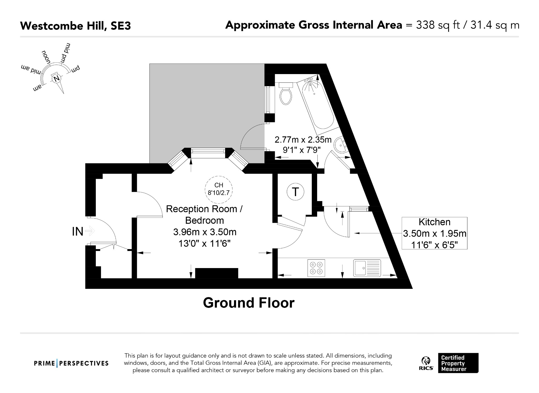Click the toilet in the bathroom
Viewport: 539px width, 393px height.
click(286, 93)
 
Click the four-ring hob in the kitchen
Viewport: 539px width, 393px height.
click(316, 268)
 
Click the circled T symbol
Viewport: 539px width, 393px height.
click(295, 192)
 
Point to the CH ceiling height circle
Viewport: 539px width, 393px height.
click(219, 190)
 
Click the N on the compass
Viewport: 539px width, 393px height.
click(56, 79)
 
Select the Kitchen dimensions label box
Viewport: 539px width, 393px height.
click(434, 233)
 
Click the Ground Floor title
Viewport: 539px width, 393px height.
click(249, 303)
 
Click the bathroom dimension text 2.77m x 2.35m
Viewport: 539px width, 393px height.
click(303, 139)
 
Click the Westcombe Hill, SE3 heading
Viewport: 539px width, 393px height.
click(76, 26)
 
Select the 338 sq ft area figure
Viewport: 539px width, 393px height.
click(438, 26)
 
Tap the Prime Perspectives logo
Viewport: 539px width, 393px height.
click(71, 363)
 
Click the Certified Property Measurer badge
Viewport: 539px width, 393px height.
click(458, 363)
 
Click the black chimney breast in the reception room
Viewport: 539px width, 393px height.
click(217, 273)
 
